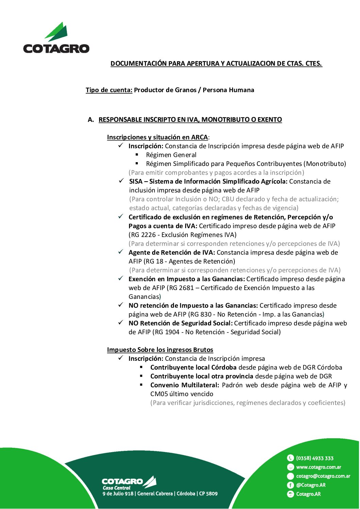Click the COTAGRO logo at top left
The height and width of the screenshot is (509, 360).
56,38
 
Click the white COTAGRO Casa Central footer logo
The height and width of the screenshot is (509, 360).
129,483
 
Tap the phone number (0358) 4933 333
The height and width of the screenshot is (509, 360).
315,458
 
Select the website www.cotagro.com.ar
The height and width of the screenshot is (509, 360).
318,467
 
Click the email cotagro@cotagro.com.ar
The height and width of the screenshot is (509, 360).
323,476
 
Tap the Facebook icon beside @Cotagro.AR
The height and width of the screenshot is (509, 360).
290,485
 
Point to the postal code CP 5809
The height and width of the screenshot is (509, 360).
208,494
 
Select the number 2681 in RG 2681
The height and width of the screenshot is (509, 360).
186,288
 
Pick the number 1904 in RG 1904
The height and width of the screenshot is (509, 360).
172,332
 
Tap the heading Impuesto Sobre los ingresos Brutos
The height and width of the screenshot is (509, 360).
160,350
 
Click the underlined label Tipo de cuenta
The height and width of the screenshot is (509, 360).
109,90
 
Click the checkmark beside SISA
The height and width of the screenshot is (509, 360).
121,181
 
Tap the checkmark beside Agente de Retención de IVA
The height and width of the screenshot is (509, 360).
121,252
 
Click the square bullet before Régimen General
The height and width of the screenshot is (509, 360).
137,155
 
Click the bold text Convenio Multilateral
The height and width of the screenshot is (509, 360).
184,385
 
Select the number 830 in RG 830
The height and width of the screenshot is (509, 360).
206,315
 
